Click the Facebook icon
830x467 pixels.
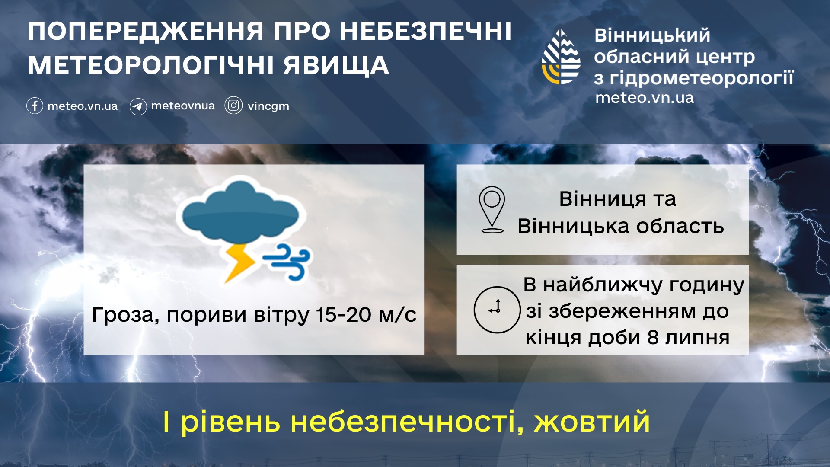coord(35,106)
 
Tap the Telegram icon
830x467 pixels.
coord(138,106)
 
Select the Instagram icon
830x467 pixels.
coord(233,106)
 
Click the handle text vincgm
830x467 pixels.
coord(268,106)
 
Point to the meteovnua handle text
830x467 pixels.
coord(183,106)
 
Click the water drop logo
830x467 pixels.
coord(561,57)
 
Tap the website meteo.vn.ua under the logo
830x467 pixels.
coord(645,98)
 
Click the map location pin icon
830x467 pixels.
coord(492,210)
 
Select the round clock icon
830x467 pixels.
coord(497,310)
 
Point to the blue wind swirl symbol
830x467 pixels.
coord(287,261)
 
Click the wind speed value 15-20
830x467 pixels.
coord(344,314)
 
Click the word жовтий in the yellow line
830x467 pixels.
coord(592,422)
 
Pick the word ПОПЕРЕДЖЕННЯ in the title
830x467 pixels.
coord(145,31)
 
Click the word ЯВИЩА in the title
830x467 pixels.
coord(336,65)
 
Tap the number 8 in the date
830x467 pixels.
coord(653,338)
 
